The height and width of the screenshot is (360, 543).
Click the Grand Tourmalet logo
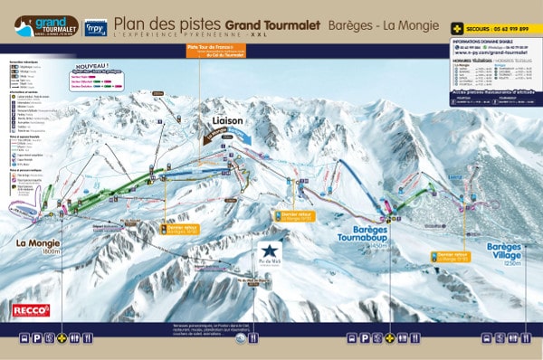click(x=45, y=26)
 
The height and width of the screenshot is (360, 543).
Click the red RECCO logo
click(x=32, y=310)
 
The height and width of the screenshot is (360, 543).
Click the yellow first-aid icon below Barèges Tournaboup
click(x=390, y=338)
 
